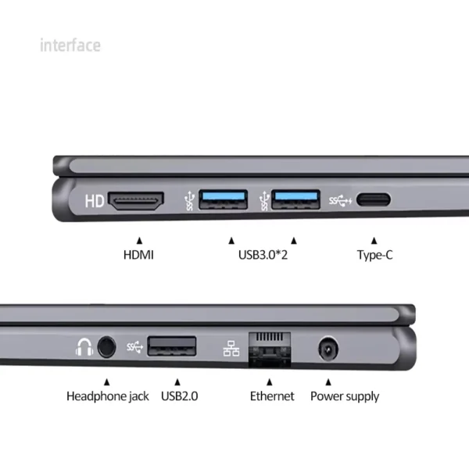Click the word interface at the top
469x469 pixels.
coord(70,45)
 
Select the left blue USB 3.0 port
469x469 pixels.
coord(224,201)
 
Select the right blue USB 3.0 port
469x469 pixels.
coord(295,201)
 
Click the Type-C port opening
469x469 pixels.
coord(374,201)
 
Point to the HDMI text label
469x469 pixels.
coord(138,255)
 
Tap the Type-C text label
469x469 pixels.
coord(374,255)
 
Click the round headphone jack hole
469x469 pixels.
coord(106,345)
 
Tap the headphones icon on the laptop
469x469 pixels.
coord(84,345)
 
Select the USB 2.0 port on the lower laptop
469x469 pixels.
coord(172,345)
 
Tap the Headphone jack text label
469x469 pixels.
coord(107,396)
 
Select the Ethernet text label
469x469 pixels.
coord(272,396)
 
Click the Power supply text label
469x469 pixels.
coord(345,396)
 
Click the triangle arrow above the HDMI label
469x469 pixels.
coord(139,240)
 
